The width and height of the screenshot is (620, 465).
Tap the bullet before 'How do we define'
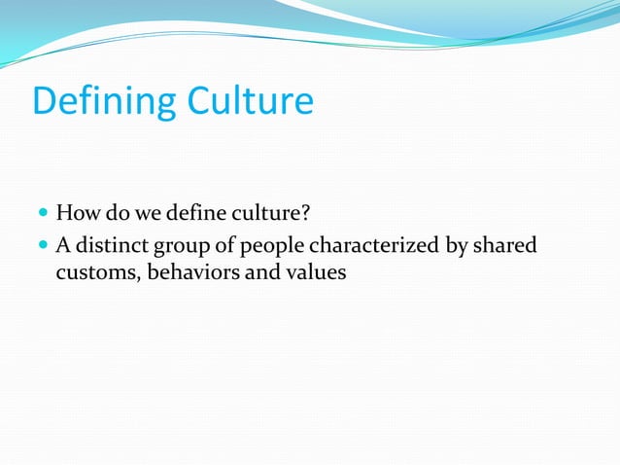tap(43, 213)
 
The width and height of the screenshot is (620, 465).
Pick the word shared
tap(506, 246)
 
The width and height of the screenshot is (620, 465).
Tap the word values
tap(315, 272)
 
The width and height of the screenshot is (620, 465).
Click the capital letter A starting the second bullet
tap(63, 246)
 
